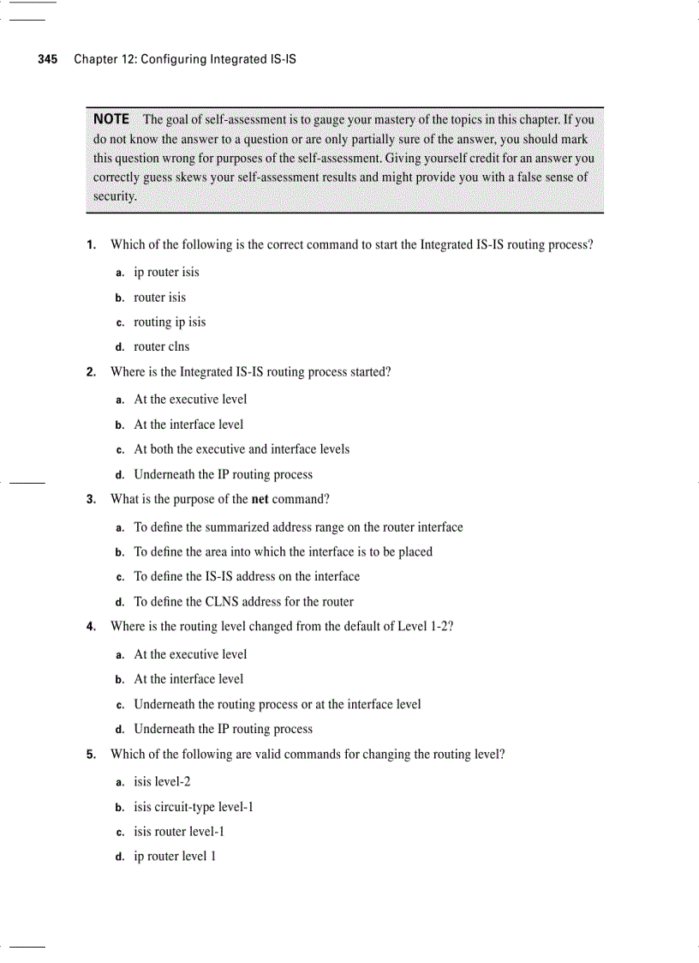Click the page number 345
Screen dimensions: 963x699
(47, 59)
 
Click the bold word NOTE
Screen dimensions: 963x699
(111, 119)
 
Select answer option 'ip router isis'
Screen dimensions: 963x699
(166, 272)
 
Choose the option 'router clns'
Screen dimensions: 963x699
(162, 346)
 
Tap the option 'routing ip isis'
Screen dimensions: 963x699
(170, 322)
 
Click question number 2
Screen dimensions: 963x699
(91, 372)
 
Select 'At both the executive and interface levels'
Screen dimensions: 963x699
(242, 448)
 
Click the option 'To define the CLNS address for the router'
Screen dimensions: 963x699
(243, 601)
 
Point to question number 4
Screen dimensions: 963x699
(91, 626)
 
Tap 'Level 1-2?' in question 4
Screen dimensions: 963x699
(425, 626)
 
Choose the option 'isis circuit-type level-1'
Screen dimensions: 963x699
(194, 806)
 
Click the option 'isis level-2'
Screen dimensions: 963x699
(162, 781)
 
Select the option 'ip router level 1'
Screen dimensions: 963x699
(175, 856)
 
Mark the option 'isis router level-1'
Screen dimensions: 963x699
(179, 831)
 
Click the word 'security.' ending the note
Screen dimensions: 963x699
(115, 196)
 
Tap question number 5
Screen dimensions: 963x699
(91, 755)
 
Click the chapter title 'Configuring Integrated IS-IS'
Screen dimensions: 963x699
(218, 59)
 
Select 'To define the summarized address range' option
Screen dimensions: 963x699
(298, 527)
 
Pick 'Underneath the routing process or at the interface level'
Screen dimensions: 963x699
(278, 704)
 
